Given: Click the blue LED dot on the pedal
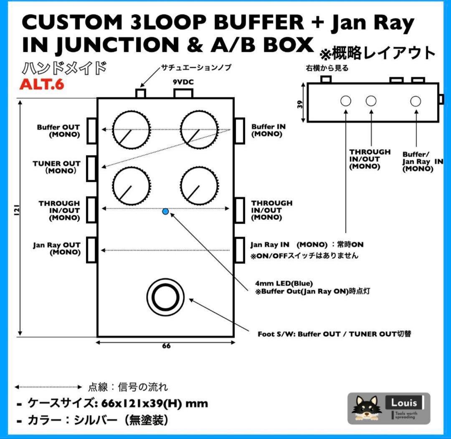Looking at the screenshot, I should coord(165,212).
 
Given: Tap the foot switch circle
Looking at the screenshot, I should coord(165,297).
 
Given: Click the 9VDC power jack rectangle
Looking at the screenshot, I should coord(182,93).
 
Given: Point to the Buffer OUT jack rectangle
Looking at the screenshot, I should coord(91,131).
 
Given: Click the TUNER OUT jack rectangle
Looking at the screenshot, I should coord(91,168).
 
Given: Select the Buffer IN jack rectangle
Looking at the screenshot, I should coord(239,131).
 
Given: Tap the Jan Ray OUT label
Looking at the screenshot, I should coord(57,249).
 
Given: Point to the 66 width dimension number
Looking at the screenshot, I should coord(166,346).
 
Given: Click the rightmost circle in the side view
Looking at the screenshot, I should coord(415,101).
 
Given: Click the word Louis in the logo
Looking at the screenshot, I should coord(404,403).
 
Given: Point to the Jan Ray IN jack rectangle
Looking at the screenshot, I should coord(239,250).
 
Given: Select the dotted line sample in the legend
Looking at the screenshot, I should coord(48,387).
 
